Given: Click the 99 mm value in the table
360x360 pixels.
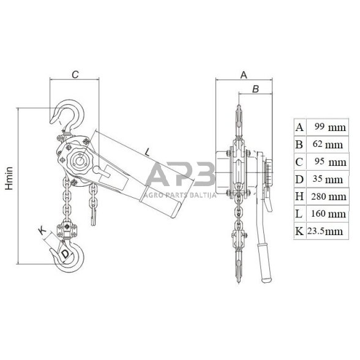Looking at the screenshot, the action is [330, 127].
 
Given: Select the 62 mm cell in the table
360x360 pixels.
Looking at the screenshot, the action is [328, 144].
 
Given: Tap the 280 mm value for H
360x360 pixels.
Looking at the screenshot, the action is [329, 197].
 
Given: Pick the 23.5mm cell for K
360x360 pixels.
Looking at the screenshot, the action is [325, 231].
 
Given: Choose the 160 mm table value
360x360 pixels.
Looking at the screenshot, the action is [328, 214].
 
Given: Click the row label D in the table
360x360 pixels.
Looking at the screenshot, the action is [299, 179].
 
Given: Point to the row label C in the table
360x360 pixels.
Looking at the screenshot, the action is [299, 162].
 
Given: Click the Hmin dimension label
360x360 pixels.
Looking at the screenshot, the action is [9, 179].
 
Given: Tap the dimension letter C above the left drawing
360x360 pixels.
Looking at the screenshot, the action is [75, 75].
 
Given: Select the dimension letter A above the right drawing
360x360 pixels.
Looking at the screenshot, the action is [244, 75].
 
